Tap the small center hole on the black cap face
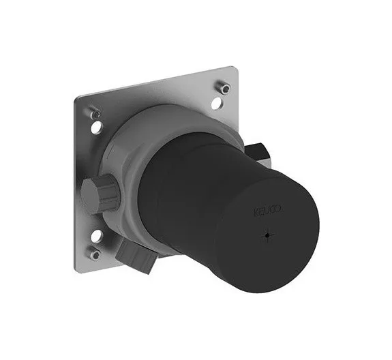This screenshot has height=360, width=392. click(x=267, y=235)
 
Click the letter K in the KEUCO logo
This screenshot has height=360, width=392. click(x=256, y=213)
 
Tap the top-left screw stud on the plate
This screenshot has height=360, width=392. click(x=95, y=114)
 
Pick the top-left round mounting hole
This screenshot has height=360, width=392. click(x=97, y=127)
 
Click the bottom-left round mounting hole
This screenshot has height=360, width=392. click(x=97, y=236)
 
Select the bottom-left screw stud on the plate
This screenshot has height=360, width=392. click(x=95, y=254)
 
